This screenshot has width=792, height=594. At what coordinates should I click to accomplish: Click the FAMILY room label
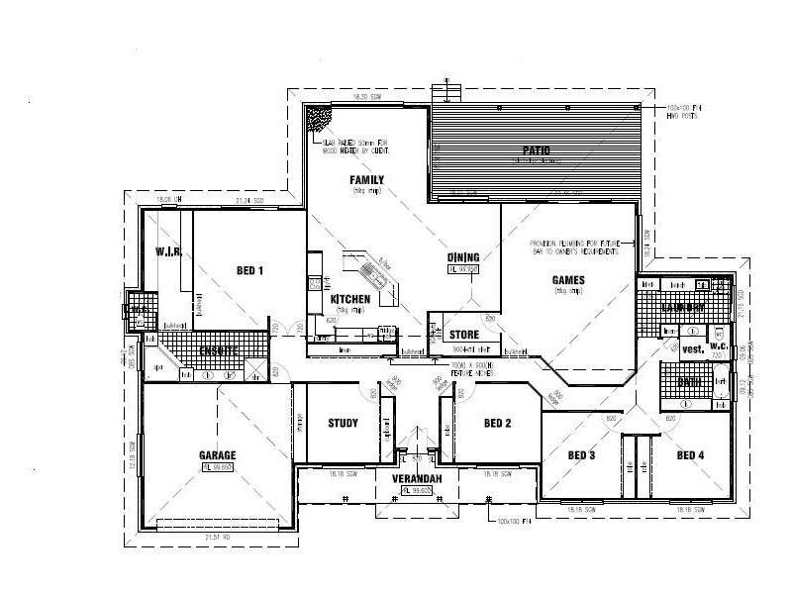(366, 179)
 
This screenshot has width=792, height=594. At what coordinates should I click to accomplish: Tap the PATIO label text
(536, 151)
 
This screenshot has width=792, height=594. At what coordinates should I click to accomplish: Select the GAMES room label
(568, 280)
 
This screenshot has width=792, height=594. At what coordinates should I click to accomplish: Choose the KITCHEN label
(350, 299)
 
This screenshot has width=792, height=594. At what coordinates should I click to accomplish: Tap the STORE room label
(464, 335)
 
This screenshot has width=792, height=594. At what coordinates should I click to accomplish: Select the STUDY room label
(343, 424)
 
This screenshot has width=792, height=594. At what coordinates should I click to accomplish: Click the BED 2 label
(496, 424)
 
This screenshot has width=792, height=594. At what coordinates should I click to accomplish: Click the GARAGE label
(218, 455)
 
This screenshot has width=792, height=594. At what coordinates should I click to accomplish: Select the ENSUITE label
(217, 350)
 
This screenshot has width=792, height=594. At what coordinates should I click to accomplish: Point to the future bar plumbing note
(579, 247)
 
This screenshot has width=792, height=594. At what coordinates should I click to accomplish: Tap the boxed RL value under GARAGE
(218, 466)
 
